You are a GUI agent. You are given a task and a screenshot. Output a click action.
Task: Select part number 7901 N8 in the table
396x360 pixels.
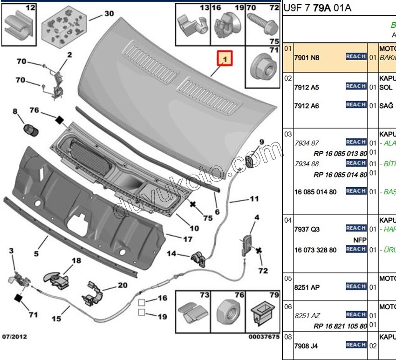coord(307,57)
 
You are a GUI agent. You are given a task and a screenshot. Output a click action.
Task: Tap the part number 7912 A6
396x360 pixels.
coord(307,106)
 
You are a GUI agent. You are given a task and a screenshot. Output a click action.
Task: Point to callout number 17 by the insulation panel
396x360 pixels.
coord(187,239)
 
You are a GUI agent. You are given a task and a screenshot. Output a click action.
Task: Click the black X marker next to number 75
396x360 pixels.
coord(193,204)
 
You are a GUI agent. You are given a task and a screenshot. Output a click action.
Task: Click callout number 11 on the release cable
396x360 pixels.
coord(253,199)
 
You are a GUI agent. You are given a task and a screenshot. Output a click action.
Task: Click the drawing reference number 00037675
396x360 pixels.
coord(264,336)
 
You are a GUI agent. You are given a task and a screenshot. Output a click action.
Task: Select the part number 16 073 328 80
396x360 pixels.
coord(315,250)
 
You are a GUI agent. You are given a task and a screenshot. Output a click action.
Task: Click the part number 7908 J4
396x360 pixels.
coord(307,346)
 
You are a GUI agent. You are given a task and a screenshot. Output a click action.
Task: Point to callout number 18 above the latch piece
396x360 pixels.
coord(76,261)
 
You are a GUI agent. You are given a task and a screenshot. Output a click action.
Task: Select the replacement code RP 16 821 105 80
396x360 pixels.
coord(341,326)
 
